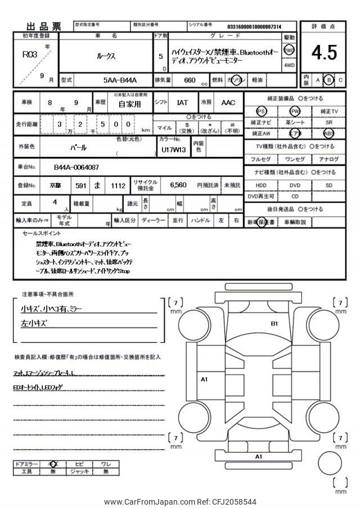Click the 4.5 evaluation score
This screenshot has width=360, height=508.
pyautogui.click(x=324, y=52)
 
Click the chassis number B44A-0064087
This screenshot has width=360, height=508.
pyautogui.click(x=76, y=167)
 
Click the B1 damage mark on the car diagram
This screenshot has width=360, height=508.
pyautogui.click(x=274, y=323)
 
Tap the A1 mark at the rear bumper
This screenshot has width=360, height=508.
pyautogui.click(x=259, y=456)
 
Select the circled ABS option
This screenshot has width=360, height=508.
pyautogui.click(x=328, y=134)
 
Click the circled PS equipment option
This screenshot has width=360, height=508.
pyautogui.click(x=260, y=111)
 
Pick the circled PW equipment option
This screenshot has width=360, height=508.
pyautogui.click(x=295, y=111)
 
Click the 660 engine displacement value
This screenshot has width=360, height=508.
pyautogui.click(x=190, y=80)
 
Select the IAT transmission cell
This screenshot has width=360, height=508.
pyautogui.click(x=183, y=103)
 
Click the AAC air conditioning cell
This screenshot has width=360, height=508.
pyautogui.click(x=228, y=103)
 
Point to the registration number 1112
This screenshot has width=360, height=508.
pyautogui.click(x=118, y=185)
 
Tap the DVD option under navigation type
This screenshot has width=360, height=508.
pyautogui.click(x=295, y=184)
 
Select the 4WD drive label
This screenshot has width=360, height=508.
pyautogui.click(x=289, y=65)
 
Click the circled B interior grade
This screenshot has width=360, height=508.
pyautogui.click(x=329, y=80)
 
